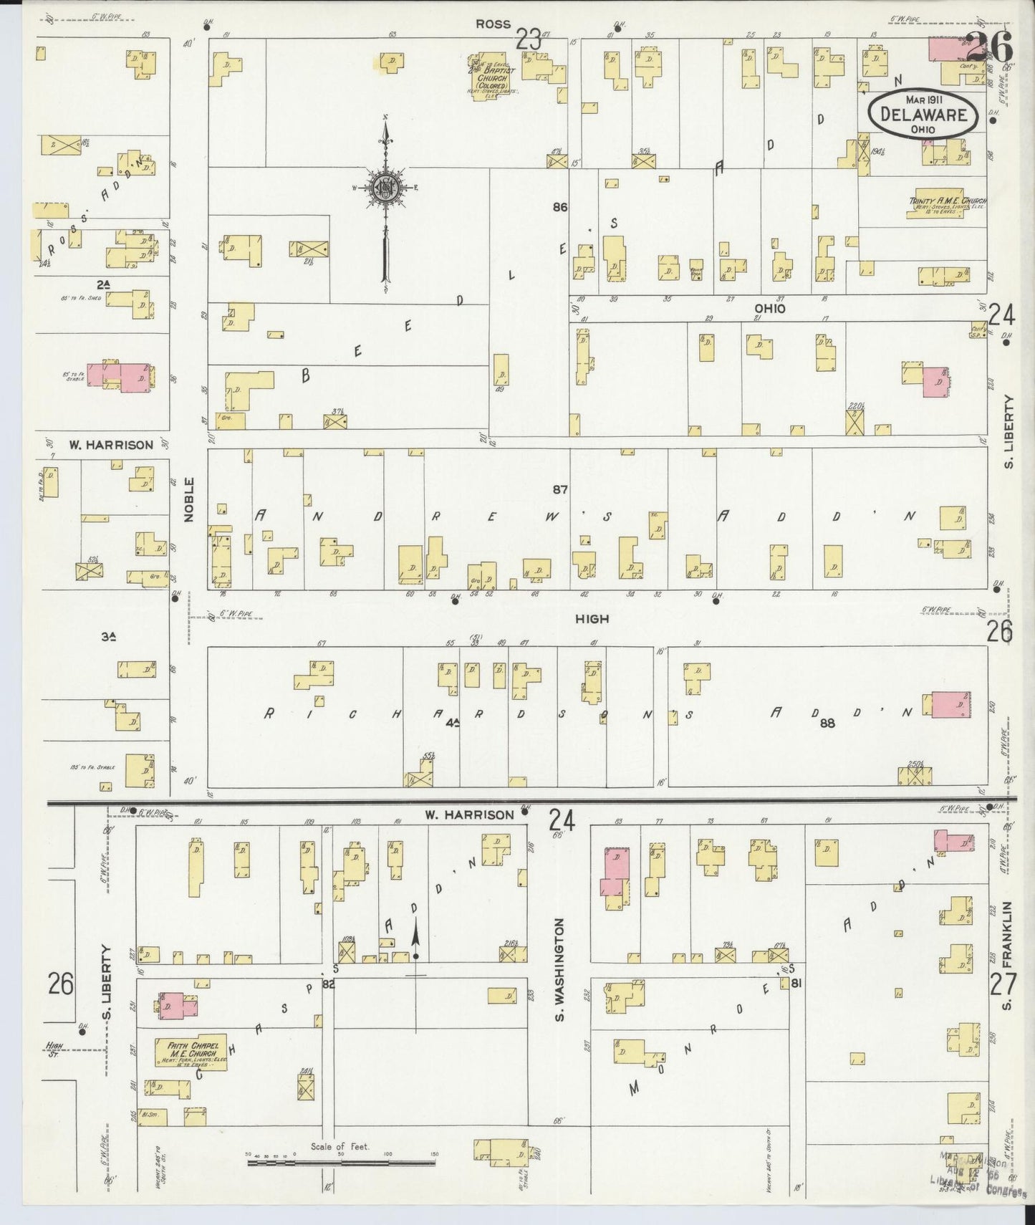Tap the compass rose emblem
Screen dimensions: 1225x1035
tap(385, 188)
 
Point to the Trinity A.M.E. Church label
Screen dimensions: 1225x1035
tap(947, 203)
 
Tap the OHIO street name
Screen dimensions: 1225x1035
tap(770, 309)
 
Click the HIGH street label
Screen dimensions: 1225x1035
tap(592, 618)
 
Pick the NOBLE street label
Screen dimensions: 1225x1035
tap(189, 499)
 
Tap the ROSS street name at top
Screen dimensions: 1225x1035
tap(493, 24)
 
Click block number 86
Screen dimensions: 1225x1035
tap(560, 208)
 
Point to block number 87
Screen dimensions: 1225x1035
tap(560, 490)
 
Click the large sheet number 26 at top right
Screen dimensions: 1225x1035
tap(992, 48)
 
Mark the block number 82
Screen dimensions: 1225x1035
tap(329, 984)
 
